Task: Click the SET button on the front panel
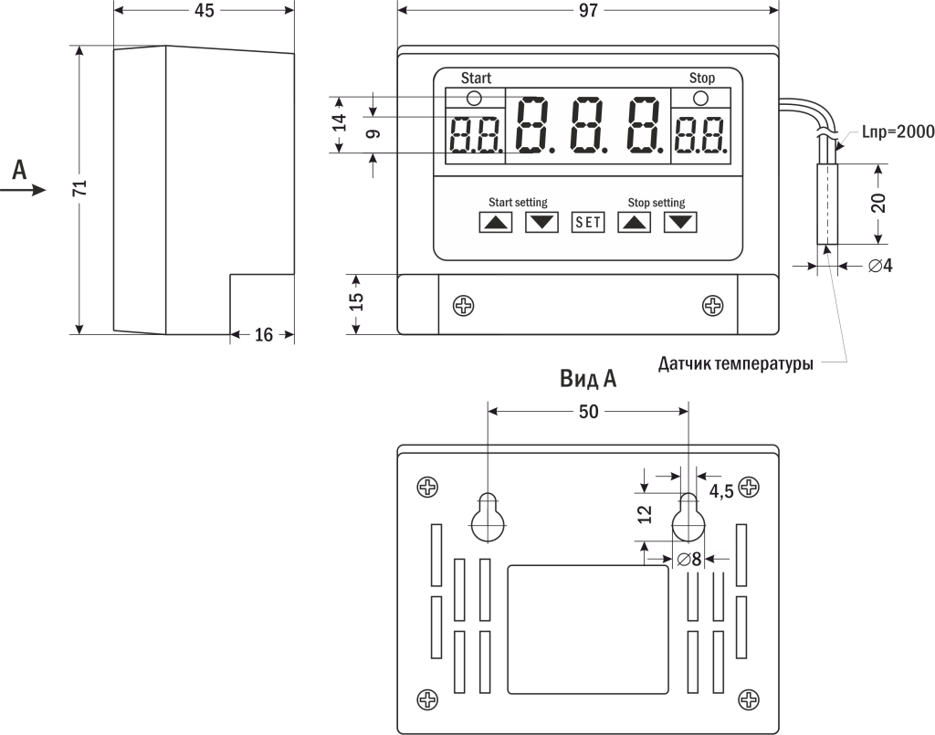pyautogui.click(x=588, y=222)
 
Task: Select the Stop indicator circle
pyautogui.click(x=701, y=98)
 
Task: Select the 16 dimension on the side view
pyautogui.click(x=263, y=335)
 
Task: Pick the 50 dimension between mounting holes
pyautogui.click(x=589, y=412)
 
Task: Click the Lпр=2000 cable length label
pyautogui.click(x=898, y=131)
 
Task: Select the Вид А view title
pyautogui.click(x=588, y=379)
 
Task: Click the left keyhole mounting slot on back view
pyautogui.click(x=489, y=518)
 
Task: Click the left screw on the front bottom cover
pyautogui.click(x=465, y=305)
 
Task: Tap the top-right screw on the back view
pyautogui.click(x=750, y=487)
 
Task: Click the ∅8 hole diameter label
pyautogui.click(x=689, y=559)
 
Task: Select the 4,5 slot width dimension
pyautogui.click(x=721, y=491)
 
